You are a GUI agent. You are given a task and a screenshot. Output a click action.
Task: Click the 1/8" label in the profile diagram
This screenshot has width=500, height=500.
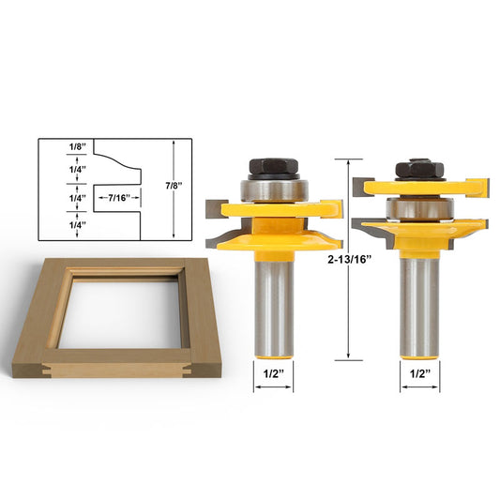point(78,147)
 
